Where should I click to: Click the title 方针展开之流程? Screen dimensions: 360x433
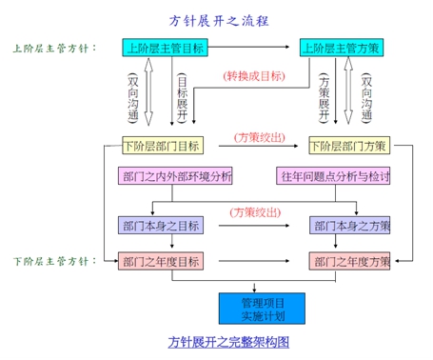216,20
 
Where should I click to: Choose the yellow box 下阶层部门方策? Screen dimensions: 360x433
347,146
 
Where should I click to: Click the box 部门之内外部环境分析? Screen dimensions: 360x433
176,177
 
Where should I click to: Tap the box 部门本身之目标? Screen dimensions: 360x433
161,226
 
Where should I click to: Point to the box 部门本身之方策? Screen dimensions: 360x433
349,226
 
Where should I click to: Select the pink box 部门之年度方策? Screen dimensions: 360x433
349,260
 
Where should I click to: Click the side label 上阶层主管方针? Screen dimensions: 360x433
53,48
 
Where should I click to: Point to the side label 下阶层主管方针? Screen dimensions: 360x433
53,260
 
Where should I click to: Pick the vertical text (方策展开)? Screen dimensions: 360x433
326,95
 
